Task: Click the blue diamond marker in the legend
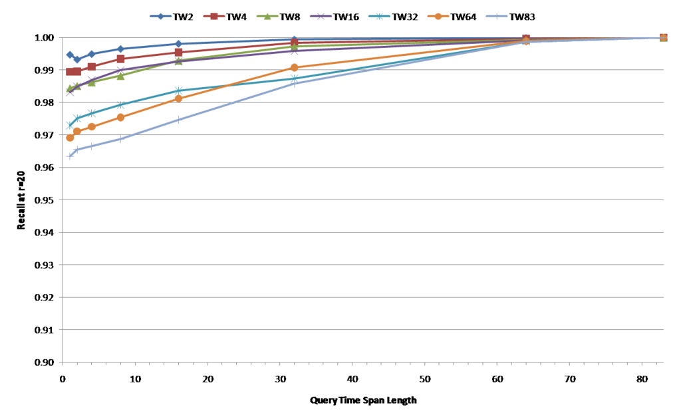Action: [160, 16]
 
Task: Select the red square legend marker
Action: [213, 16]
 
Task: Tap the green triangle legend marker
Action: [267, 16]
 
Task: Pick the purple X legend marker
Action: [321, 16]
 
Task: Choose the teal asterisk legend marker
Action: [379, 16]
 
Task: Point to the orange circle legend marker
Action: [438, 16]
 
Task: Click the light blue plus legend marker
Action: [496, 16]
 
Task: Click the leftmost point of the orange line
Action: [70, 138]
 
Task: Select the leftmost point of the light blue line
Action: [70, 156]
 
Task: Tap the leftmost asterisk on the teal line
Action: [70, 125]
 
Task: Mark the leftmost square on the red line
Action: [70, 72]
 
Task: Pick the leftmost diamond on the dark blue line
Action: [70, 55]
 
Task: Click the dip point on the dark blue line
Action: [77, 60]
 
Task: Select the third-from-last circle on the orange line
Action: [294, 67]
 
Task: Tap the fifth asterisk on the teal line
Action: [178, 90]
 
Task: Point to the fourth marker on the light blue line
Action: [120, 139]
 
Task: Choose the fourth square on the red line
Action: [120, 59]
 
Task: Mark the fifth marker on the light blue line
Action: [178, 120]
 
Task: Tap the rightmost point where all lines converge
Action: [663, 37]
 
